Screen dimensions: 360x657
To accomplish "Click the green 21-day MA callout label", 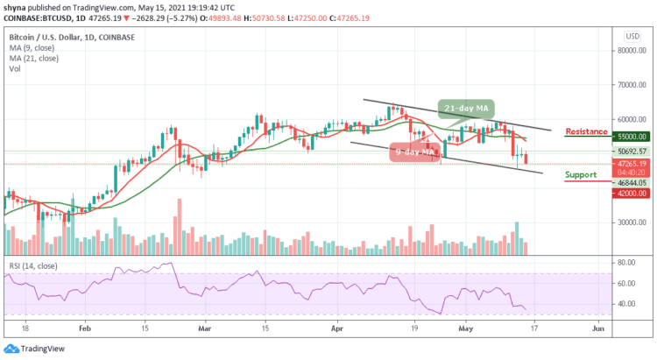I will [467, 108].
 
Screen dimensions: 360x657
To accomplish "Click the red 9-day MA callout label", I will [414, 152].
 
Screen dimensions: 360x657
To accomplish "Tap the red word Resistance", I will [586, 131].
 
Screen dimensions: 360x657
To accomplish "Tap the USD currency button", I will [630, 36].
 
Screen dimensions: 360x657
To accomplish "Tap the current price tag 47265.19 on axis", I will [630, 163].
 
